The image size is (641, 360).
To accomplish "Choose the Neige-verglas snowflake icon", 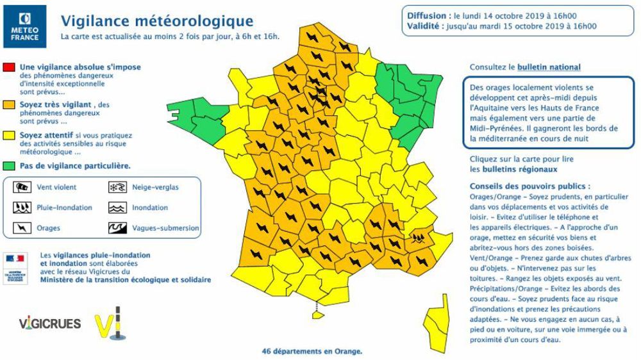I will tap(116, 188).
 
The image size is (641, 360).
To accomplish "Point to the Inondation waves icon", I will tap(116, 208).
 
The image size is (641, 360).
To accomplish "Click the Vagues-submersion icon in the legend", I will tap(116, 227).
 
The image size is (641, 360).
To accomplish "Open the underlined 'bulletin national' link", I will tap(549, 67).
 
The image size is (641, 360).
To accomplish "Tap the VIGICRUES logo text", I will tap(50, 323).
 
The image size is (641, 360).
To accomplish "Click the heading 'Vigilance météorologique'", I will tap(156, 22).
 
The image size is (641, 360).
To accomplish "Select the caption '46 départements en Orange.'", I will tap(312, 351).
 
